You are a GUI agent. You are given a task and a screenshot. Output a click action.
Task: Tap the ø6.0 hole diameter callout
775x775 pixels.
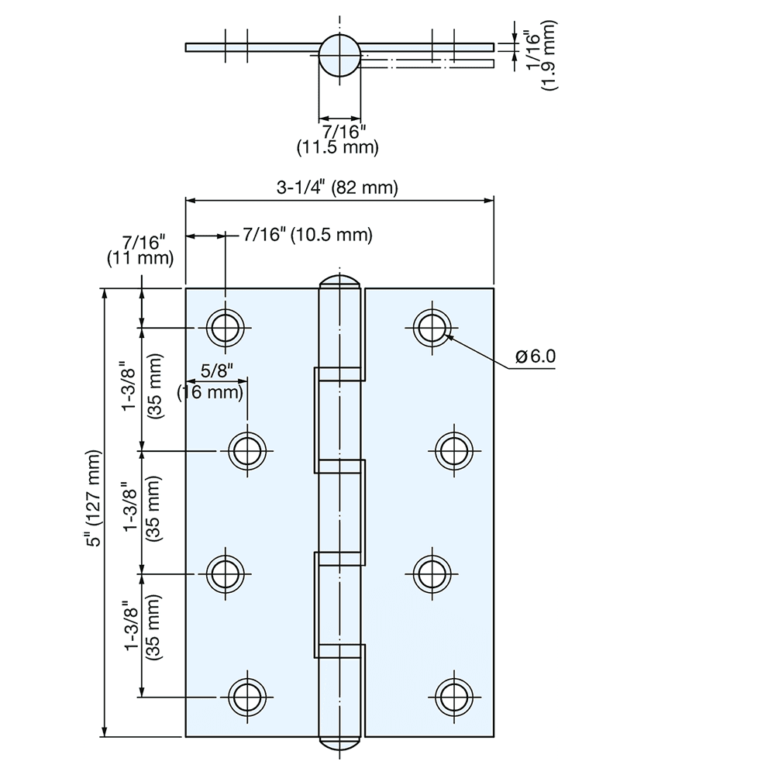tap(536, 356)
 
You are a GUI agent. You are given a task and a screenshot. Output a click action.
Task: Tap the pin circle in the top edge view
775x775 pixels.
tap(339, 55)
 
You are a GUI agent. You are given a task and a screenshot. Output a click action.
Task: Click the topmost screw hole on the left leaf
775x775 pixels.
tap(226, 328)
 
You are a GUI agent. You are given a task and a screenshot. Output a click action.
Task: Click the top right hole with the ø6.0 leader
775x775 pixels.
tap(432, 328)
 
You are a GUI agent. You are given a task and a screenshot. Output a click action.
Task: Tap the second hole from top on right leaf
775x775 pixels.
tap(453, 449)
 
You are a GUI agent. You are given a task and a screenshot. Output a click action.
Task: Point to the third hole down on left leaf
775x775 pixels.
tap(226, 573)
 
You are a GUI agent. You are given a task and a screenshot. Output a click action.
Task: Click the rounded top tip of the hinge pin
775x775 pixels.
tap(339, 281)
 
